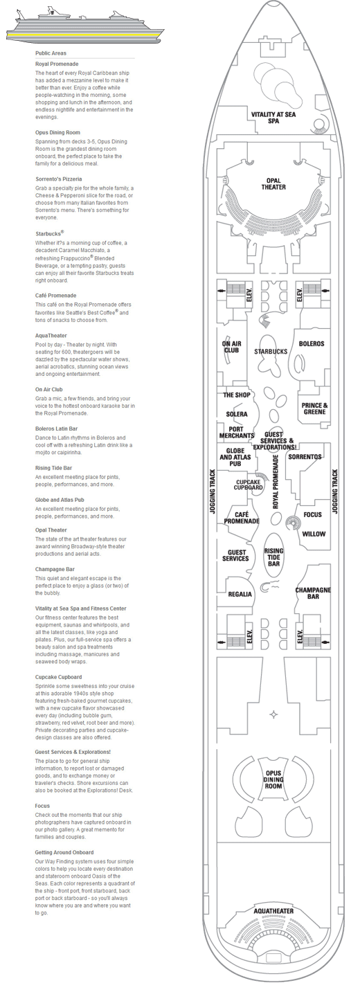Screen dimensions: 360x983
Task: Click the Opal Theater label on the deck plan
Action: click(x=273, y=184)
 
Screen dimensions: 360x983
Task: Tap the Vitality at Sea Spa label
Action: click(x=273, y=117)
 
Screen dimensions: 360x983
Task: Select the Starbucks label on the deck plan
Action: click(x=271, y=352)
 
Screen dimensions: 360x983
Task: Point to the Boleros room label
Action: click(x=312, y=343)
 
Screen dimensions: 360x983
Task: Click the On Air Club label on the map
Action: click(x=232, y=347)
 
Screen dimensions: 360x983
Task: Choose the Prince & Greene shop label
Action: click(x=314, y=408)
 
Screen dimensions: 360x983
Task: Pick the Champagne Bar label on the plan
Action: click(x=313, y=593)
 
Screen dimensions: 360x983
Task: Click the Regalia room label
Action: click(x=240, y=594)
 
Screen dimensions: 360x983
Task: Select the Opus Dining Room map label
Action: click(x=273, y=779)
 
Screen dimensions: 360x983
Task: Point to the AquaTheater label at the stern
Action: click(x=273, y=911)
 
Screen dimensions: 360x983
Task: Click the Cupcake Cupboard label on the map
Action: click(x=248, y=485)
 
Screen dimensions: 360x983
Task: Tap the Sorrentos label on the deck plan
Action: click(x=305, y=457)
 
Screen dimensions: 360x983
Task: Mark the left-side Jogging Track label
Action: click(x=213, y=491)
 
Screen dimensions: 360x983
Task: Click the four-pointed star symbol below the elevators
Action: click(x=273, y=715)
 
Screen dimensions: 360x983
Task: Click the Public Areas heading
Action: click(x=51, y=53)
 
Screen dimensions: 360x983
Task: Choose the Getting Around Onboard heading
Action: click(x=64, y=852)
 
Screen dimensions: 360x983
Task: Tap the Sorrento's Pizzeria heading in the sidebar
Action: click(x=58, y=179)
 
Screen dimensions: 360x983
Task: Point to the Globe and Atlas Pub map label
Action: click(x=235, y=457)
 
